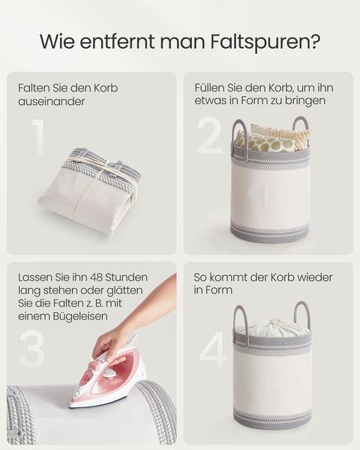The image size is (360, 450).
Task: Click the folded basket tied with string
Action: point(91,187)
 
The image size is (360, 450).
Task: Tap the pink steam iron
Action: point(109,381)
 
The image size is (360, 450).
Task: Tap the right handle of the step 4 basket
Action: point(302,314)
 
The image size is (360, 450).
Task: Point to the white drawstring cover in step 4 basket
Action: point(271,328)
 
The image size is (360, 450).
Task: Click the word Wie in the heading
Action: point(56,41)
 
